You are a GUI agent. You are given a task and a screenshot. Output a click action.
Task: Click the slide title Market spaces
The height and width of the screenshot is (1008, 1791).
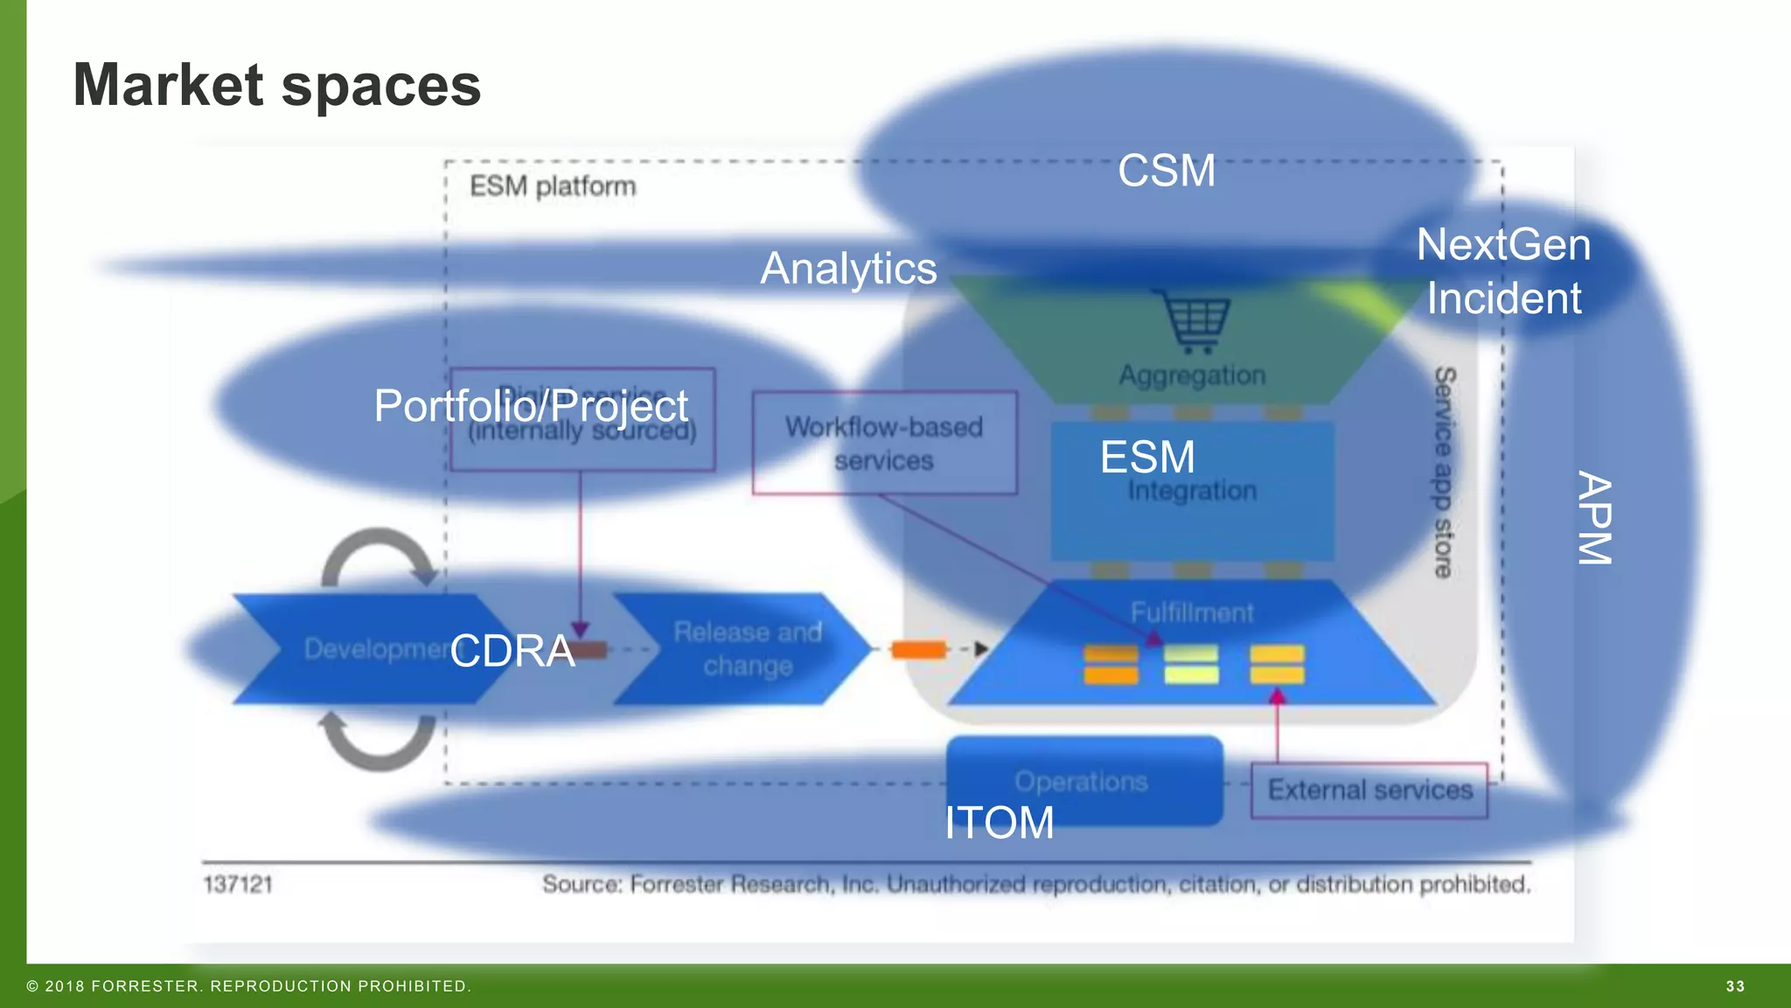click(276, 86)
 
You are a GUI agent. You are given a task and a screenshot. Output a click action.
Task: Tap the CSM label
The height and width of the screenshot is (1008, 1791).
click(1166, 171)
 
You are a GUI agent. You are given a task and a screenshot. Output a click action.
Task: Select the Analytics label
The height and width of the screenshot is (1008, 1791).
click(847, 269)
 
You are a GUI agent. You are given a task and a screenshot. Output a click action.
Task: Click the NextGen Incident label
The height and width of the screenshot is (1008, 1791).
click(1503, 271)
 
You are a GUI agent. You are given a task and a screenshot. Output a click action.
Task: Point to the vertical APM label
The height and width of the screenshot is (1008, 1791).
click(1593, 518)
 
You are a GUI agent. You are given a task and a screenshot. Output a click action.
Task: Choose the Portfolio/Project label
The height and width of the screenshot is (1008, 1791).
click(531, 406)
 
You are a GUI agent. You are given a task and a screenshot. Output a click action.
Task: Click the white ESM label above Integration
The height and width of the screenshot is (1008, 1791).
click(1146, 457)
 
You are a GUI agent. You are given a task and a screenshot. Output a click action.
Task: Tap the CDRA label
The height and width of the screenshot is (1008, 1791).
click(512, 651)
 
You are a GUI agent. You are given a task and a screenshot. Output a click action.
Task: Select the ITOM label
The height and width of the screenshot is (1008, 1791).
click(999, 822)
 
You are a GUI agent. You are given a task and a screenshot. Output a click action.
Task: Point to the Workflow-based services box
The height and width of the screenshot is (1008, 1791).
click(884, 443)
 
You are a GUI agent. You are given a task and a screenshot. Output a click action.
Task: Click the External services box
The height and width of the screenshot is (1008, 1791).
click(1369, 790)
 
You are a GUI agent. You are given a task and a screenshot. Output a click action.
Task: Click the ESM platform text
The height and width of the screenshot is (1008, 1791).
click(553, 186)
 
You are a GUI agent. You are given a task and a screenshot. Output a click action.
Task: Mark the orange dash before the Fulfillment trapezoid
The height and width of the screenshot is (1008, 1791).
click(918, 649)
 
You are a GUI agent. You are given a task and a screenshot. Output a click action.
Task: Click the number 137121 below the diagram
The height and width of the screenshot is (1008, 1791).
click(238, 885)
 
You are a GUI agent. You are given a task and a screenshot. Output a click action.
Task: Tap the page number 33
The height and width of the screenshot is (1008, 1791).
click(1735, 986)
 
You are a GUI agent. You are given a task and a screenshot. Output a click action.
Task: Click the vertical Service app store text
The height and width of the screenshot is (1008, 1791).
click(1444, 472)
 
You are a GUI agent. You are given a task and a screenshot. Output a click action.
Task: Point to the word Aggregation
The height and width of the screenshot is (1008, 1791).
click(1192, 375)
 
